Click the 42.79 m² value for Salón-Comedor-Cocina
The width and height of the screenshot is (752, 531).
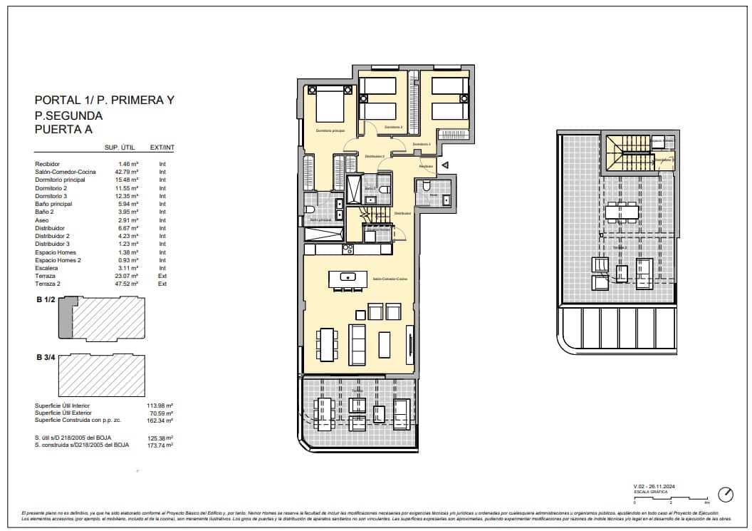tap(127, 172)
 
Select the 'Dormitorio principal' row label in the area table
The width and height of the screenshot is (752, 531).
tap(60, 180)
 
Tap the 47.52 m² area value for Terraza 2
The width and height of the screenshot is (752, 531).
tap(127, 284)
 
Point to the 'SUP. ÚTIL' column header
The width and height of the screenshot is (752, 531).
tap(120, 148)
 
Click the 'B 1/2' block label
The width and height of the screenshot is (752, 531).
tap(46, 301)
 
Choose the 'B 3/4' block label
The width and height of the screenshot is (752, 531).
tap(46, 357)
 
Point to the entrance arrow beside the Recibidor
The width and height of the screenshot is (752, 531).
tap(444, 165)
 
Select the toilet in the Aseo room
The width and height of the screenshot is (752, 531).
tap(426, 187)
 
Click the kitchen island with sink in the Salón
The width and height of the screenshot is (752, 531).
tap(348, 278)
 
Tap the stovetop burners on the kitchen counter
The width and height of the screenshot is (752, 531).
tap(348, 249)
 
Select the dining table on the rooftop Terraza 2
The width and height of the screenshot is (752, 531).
tap(622, 212)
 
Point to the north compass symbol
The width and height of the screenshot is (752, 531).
tap(726, 494)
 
